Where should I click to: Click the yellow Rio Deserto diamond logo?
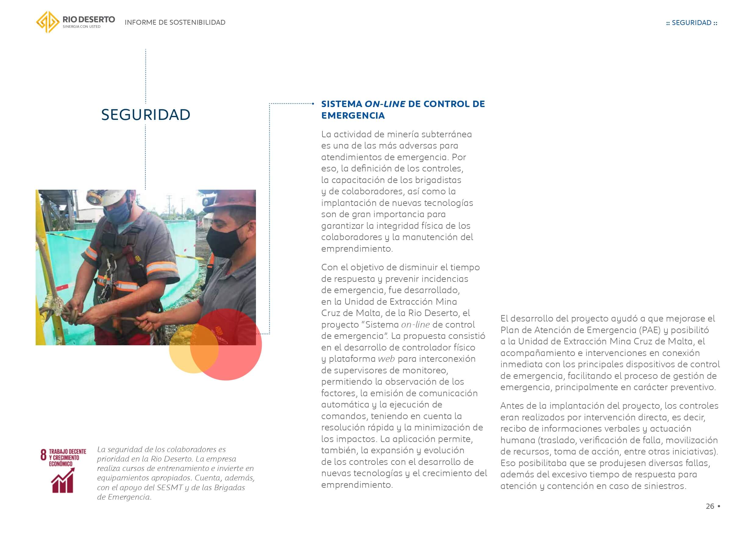tap(48, 22)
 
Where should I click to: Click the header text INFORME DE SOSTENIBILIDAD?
tap(175, 22)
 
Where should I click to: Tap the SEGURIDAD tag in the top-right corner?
tap(691, 23)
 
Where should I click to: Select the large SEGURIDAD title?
tap(146, 115)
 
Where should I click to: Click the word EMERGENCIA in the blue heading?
tap(353, 116)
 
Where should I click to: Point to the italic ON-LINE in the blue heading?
tap(385, 104)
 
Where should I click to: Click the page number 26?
tap(710, 506)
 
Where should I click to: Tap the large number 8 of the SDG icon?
tap(44, 455)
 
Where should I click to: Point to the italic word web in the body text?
tap(386, 359)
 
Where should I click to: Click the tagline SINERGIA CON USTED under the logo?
tap(81, 27)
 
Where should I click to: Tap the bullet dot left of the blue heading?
tap(313, 104)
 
